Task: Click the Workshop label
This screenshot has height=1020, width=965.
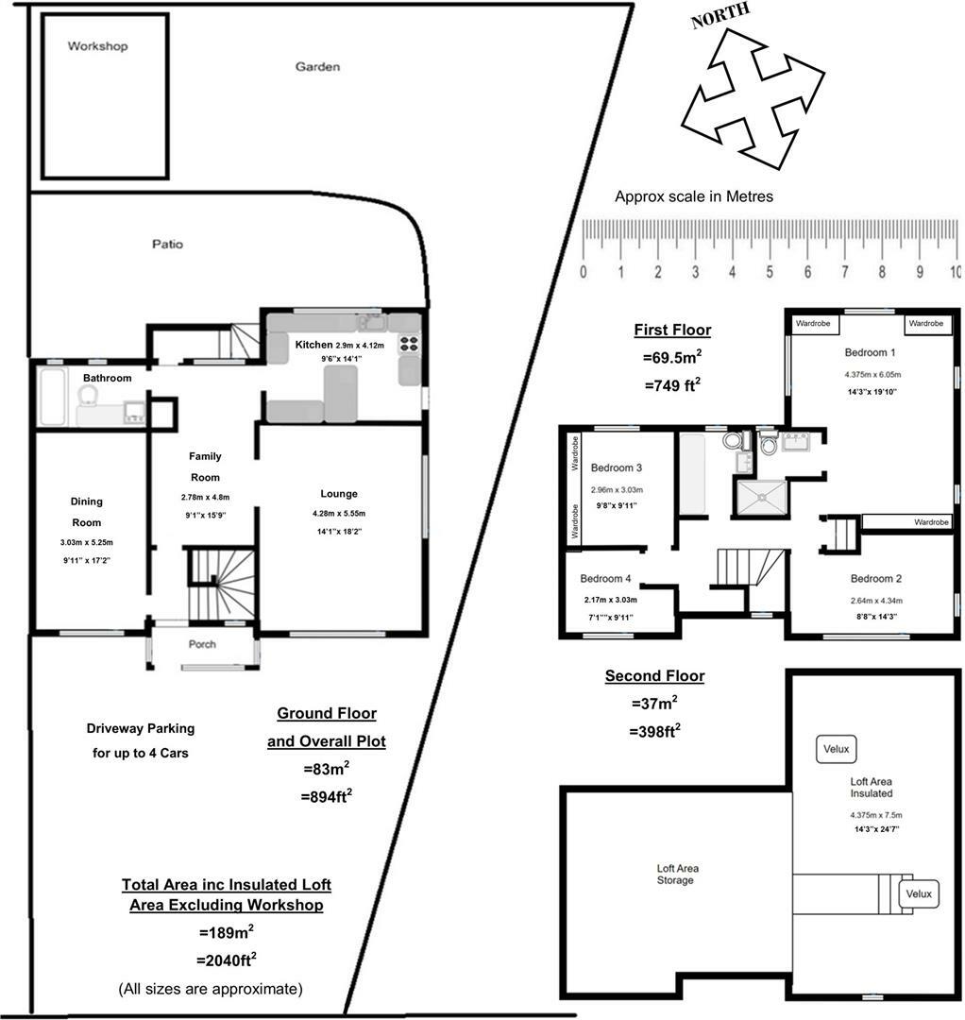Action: coord(97,46)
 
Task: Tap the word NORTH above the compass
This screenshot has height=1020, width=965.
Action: coord(721,16)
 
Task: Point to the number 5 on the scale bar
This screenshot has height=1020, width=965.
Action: coord(770,273)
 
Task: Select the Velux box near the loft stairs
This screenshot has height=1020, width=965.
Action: coord(918,893)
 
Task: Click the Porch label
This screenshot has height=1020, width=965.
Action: coord(202,645)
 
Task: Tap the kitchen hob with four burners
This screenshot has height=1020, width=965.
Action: coord(410,344)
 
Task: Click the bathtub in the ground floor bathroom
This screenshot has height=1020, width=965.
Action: coord(54,397)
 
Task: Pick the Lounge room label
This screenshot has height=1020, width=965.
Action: coord(339,494)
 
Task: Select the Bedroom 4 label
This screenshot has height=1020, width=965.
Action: coord(605,579)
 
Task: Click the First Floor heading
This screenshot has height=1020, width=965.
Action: coord(672,331)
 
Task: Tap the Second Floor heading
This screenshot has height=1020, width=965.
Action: coord(654,676)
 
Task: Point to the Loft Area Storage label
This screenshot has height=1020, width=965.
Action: coord(677,874)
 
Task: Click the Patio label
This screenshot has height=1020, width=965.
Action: coord(167,245)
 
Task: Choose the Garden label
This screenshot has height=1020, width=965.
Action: coord(317,67)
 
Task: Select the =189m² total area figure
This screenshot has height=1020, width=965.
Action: coord(227,932)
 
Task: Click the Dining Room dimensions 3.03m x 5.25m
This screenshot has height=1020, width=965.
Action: coord(86,543)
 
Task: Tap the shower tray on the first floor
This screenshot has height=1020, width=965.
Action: coord(760,497)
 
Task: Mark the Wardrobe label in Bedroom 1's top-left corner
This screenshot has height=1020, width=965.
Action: coord(813,323)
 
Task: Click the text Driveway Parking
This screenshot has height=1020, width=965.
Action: coord(140,728)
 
